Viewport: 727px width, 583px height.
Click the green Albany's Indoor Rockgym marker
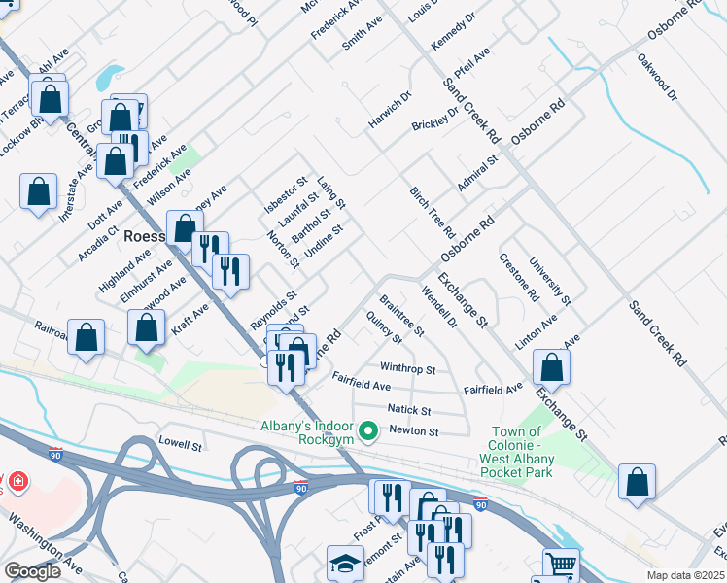pos(367,429)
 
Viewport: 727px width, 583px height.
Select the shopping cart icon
pos(561,565)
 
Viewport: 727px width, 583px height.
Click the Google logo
pos(32,570)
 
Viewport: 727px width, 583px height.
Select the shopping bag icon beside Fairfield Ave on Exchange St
pos(551,368)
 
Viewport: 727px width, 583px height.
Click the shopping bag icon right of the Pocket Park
pos(637,482)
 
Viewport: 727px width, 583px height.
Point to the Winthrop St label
pos(407,369)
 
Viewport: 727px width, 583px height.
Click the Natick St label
pos(408,410)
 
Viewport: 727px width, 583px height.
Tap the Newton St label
pos(414,431)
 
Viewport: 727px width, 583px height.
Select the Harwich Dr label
pos(390,111)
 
